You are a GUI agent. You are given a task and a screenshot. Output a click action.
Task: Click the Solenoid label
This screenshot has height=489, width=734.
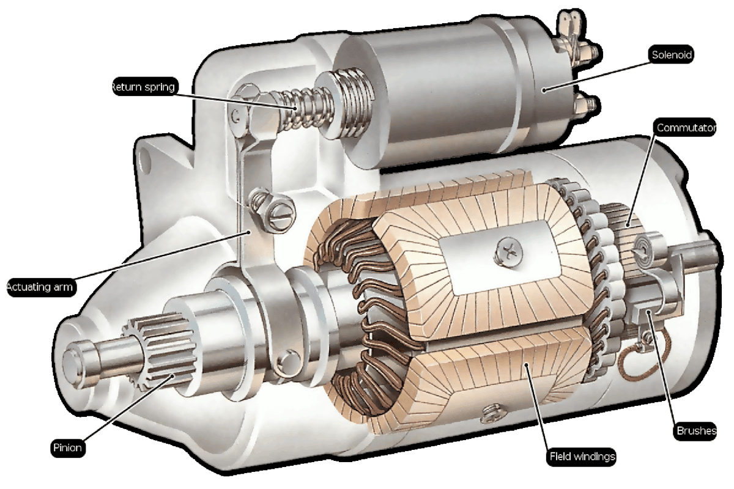[x=671, y=54]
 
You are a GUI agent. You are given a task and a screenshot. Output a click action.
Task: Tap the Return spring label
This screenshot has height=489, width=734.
[x=144, y=87]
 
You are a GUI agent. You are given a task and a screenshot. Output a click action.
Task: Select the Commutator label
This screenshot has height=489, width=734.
[x=685, y=128]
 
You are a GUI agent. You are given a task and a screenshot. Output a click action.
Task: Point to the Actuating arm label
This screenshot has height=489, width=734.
[x=40, y=287]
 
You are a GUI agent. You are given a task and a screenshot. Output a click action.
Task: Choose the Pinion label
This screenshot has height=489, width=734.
[x=67, y=447]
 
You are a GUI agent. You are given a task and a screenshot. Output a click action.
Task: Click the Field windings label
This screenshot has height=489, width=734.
[x=582, y=457]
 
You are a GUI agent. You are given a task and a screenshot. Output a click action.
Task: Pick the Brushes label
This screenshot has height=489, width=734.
[x=695, y=430]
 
